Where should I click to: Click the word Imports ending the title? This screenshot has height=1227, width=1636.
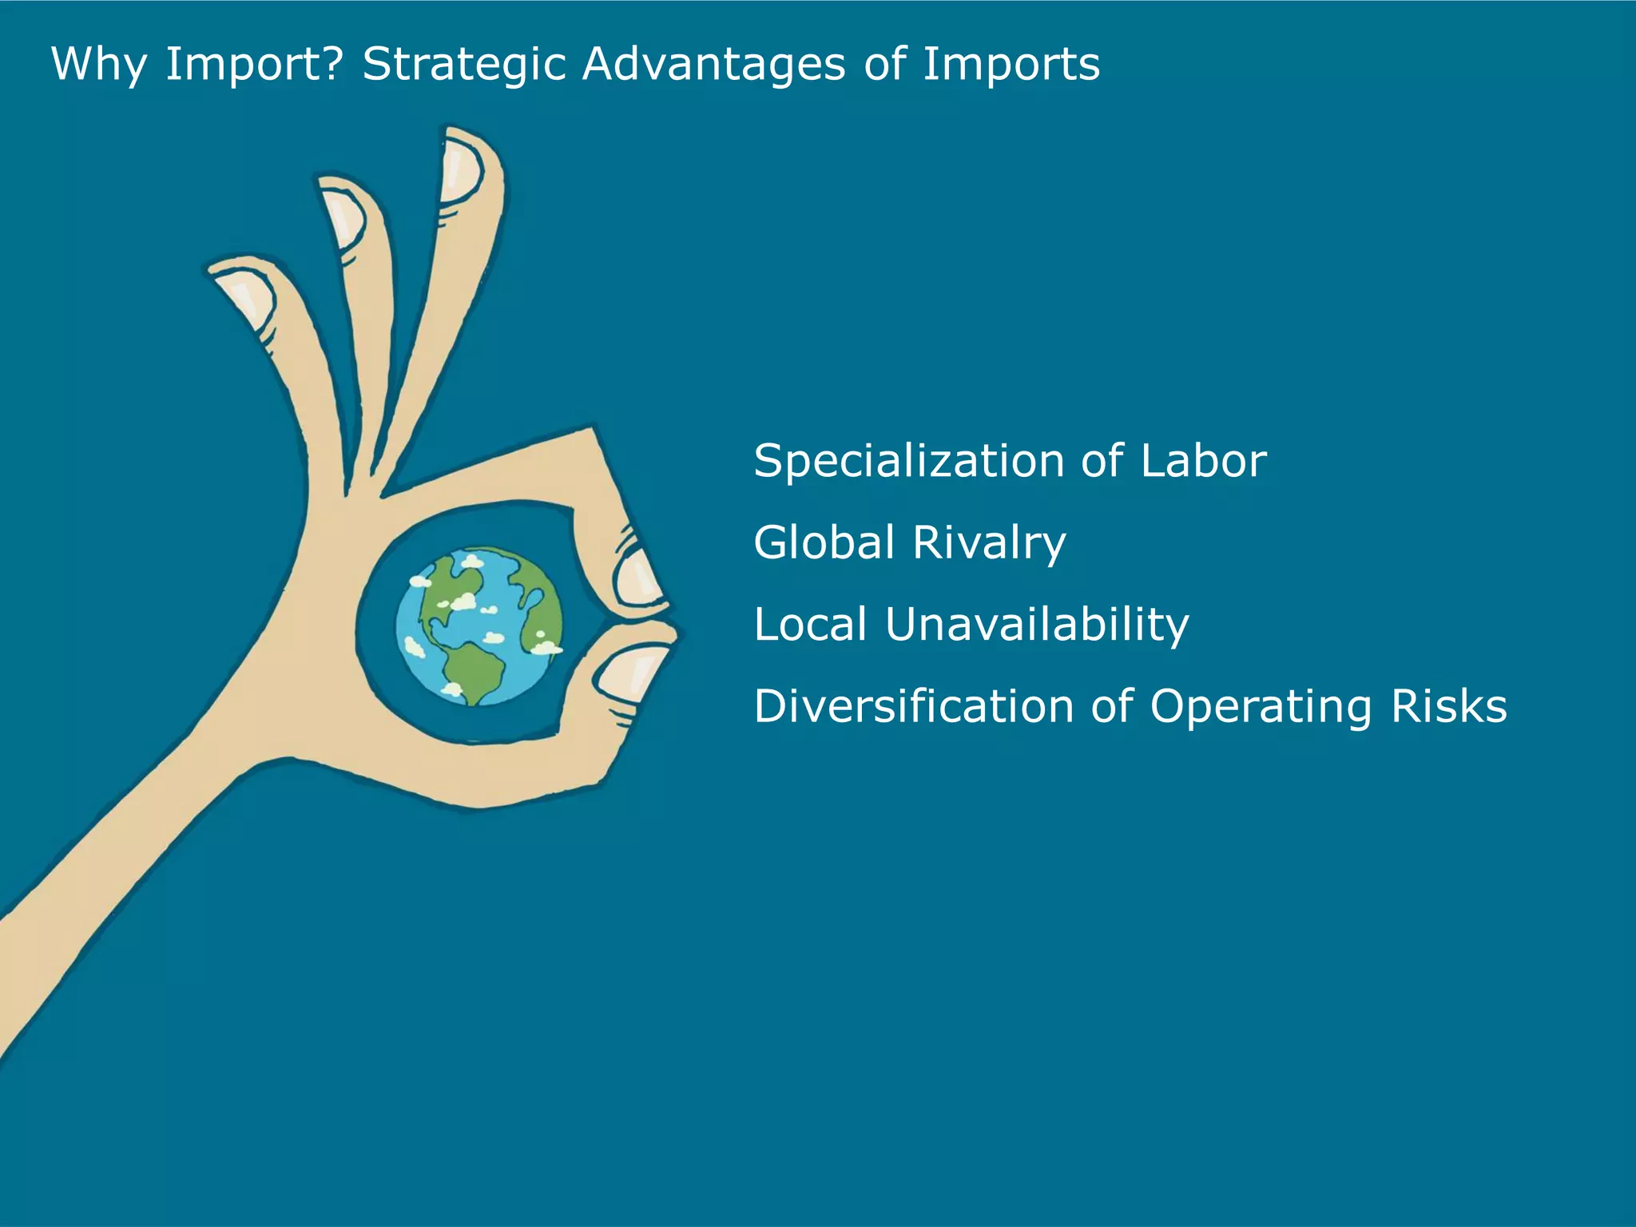click(1011, 64)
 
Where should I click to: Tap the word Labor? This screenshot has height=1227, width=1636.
click(1203, 462)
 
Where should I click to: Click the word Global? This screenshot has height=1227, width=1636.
click(824, 542)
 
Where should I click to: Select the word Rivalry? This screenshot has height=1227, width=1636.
click(989, 544)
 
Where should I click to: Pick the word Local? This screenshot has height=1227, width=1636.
click(810, 624)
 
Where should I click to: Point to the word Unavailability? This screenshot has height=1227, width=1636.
click(1037, 625)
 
